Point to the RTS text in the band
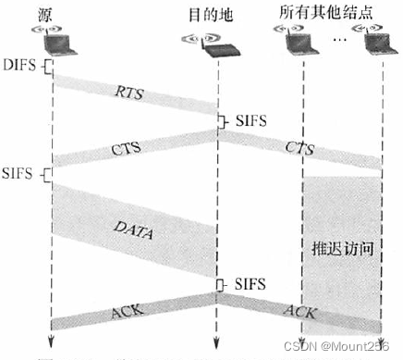128,93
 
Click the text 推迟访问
341,249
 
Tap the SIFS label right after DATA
250,282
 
